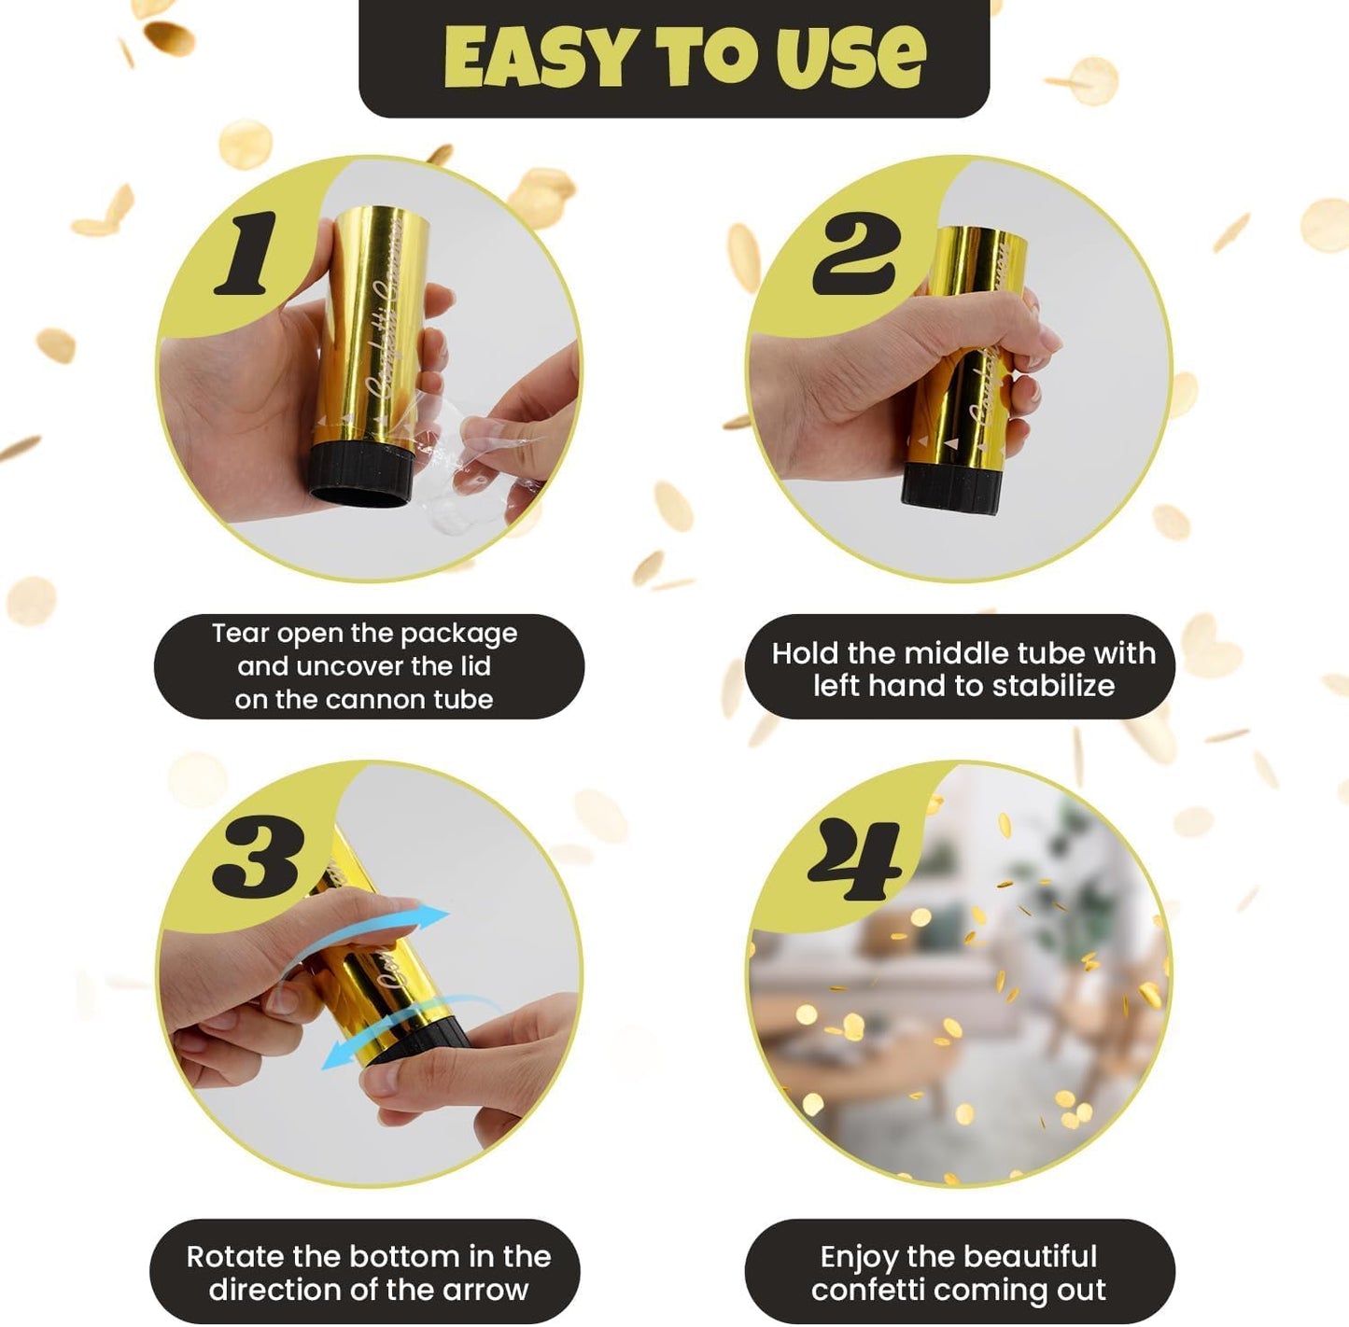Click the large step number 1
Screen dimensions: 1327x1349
pyautogui.click(x=246, y=253)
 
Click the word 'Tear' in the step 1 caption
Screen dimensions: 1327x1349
pyautogui.click(x=241, y=634)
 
